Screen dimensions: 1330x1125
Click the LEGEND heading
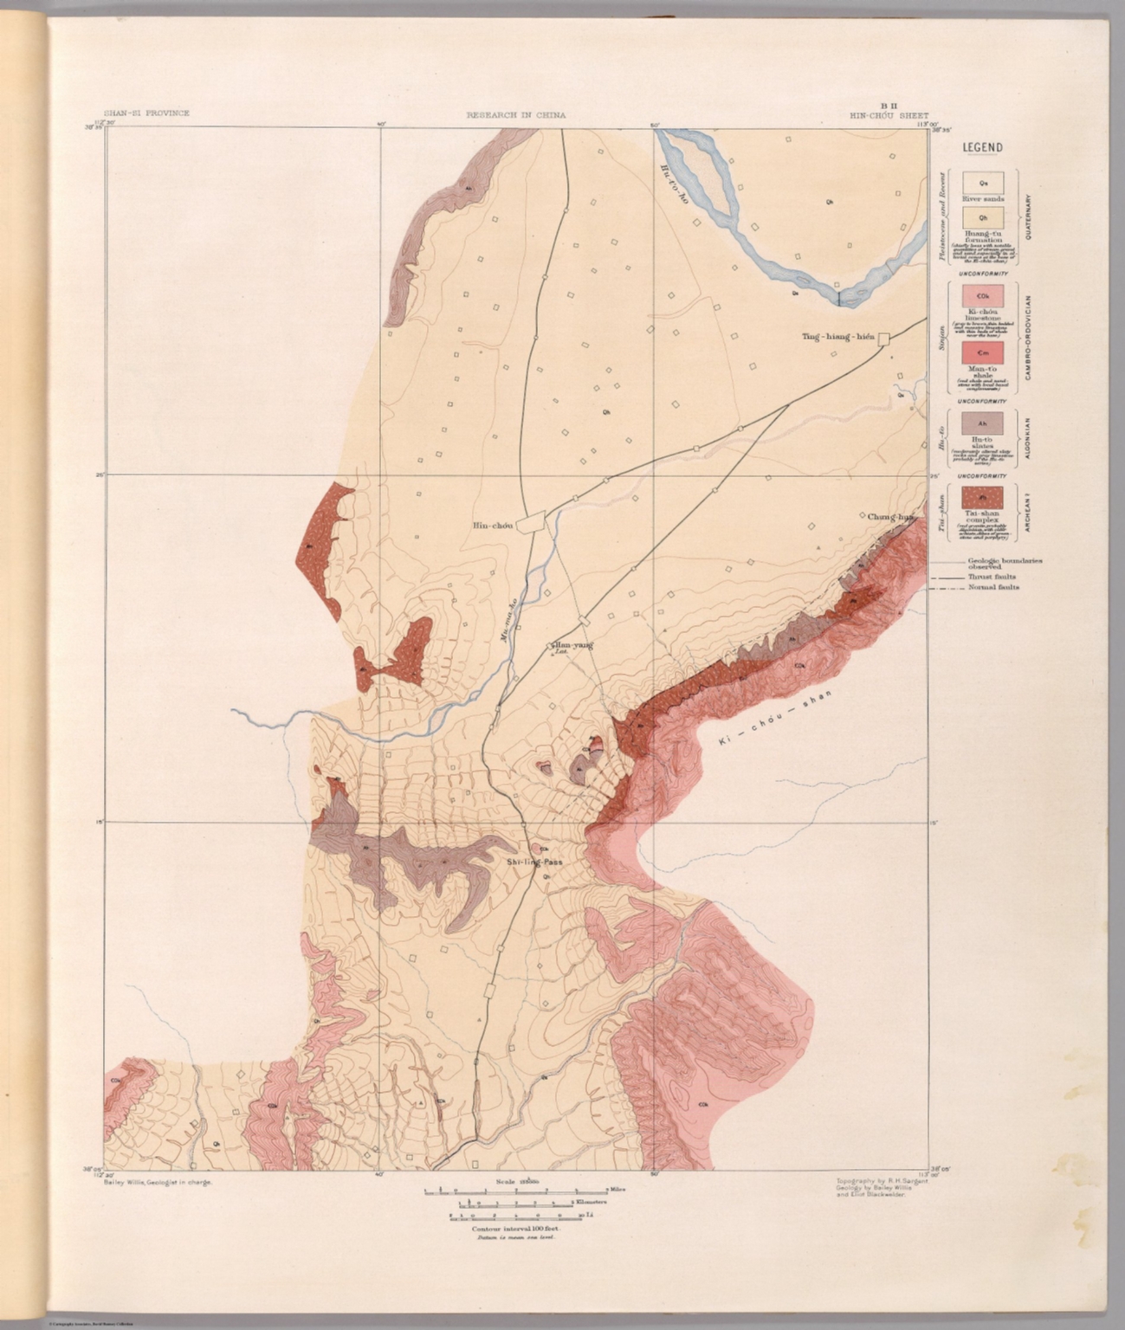[x=982, y=147]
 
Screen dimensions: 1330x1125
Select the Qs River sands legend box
[x=983, y=183]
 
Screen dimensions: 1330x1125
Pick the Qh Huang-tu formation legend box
[x=983, y=218]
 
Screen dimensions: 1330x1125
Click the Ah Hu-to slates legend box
[x=983, y=423]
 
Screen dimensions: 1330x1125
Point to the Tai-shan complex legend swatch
[x=983, y=497]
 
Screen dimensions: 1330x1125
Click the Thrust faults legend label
[x=992, y=577]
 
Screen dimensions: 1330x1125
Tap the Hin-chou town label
[x=493, y=525]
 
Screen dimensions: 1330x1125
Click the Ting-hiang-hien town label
[x=837, y=339]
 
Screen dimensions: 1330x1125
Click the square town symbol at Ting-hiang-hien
[x=884, y=339]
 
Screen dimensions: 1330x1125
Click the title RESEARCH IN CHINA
[x=516, y=114]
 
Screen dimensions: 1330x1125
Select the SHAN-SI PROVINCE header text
[x=146, y=114]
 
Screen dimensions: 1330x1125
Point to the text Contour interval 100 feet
[x=516, y=1229]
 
